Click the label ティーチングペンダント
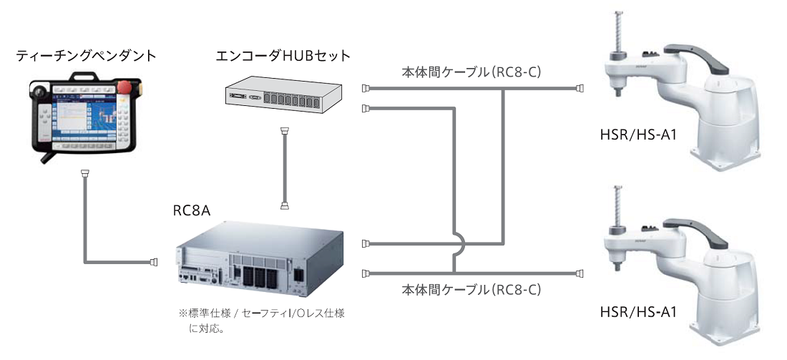click(x=86, y=54)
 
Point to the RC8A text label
click(x=188, y=212)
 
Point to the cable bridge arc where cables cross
click(x=462, y=245)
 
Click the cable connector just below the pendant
click(x=85, y=174)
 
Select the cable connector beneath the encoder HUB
click(x=285, y=133)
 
